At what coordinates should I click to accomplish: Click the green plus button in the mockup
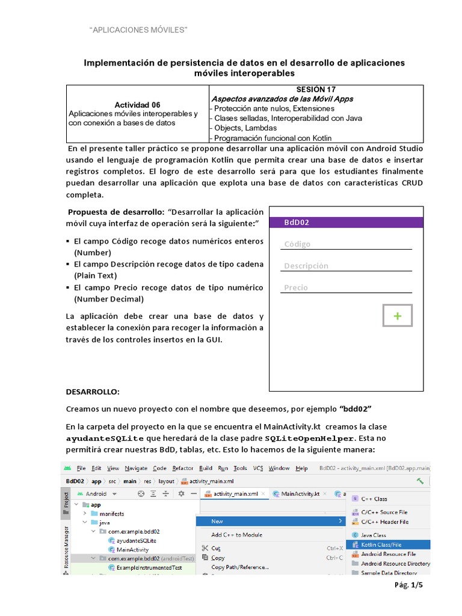(398, 316)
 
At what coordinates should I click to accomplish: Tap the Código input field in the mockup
(347, 244)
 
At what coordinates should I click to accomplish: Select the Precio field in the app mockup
(347, 288)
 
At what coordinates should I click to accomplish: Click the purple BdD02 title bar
(347, 222)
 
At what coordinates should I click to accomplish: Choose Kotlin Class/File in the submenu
(384, 544)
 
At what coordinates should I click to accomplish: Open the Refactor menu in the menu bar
(183, 468)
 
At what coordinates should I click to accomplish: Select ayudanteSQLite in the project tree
(132, 541)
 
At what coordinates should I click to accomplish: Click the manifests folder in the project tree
(112, 514)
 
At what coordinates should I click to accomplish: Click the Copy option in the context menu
(218, 558)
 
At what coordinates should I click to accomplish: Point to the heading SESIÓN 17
(316, 89)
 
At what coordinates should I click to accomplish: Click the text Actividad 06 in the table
(137, 105)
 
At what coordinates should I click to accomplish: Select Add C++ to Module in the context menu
(236, 535)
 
